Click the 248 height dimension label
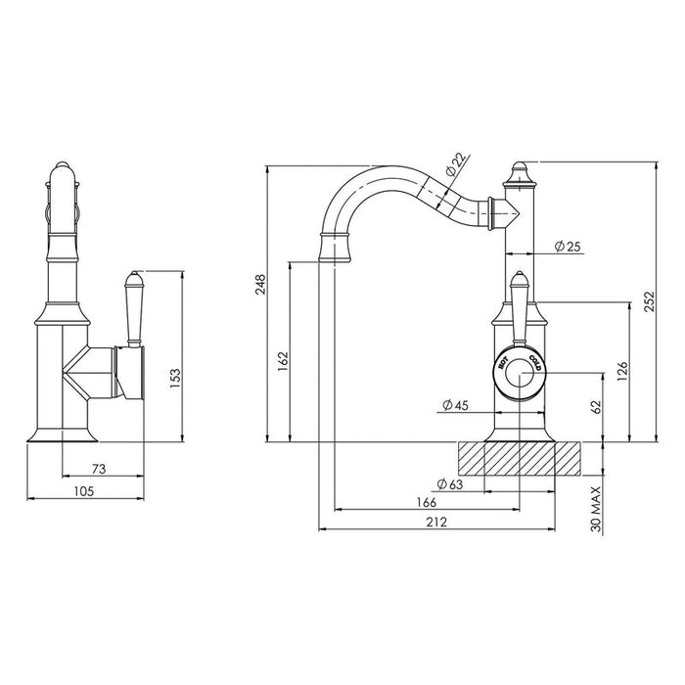(260, 284)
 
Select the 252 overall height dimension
(650, 301)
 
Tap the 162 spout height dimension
(283, 361)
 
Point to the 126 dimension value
(622, 371)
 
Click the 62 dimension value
(596, 407)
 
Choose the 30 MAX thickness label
(596, 510)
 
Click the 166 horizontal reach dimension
(426, 502)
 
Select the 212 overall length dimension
(436, 522)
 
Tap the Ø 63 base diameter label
(449, 484)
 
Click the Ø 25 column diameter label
(568, 247)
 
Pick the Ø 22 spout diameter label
(456, 164)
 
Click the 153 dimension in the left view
(175, 379)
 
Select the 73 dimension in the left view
(99, 469)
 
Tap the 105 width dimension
(84, 491)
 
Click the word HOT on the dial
(502, 362)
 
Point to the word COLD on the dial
(536, 363)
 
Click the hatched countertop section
(520, 459)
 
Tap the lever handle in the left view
(134, 309)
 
